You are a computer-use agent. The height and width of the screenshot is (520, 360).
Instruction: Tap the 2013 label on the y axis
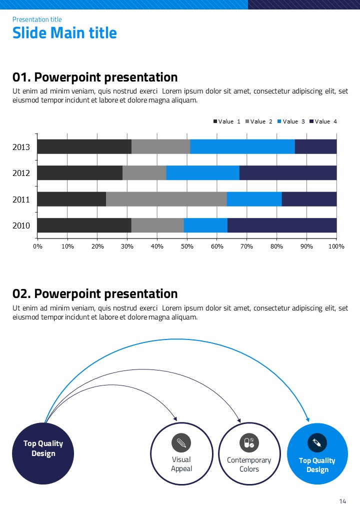[x=21, y=147]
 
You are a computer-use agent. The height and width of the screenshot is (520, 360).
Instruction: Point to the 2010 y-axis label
[x=21, y=225]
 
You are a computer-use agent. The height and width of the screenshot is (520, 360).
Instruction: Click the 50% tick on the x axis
[x=187, y=246]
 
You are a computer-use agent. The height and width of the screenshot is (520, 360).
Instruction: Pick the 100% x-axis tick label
[x=336, y=246]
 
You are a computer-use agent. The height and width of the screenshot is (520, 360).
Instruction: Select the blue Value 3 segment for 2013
[x=242, y=146]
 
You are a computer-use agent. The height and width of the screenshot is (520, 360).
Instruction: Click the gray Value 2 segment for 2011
[x=166, y=199]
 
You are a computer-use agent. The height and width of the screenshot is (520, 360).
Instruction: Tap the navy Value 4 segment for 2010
[x=282, y=225]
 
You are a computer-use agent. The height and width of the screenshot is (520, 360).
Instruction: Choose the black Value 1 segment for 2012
[x=79, y=173]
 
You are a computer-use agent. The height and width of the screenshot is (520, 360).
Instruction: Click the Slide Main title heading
[x=64, y=33]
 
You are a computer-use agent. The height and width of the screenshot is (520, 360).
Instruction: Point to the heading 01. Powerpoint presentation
[x=95, y=77]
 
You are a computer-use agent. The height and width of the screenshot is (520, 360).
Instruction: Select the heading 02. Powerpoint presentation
[x=95, y=293]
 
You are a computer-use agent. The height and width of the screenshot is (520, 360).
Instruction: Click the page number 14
[x=342, y=501]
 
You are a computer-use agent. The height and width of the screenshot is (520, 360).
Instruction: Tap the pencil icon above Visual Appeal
[x=181, y=442]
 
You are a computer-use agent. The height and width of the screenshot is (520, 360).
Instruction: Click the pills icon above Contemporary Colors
[x=248, y=442]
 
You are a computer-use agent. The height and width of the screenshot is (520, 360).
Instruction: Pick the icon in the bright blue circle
[x=317, y=442]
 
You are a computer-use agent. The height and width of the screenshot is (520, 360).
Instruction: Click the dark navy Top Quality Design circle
[x=43, y=453]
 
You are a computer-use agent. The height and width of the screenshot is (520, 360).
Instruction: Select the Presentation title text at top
[x=37, y=19]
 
